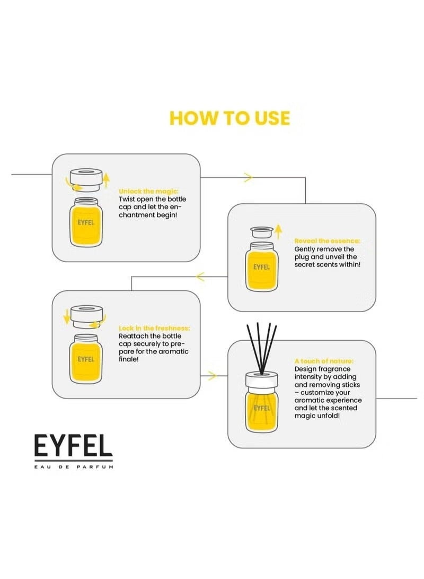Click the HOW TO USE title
click(x=229, y=118)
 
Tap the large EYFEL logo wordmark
click(x=73, y=445)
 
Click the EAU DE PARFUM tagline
click(x=74, y=466)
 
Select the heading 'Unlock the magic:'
click(x=148, y=191)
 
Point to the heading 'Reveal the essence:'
click(x=327, y=241)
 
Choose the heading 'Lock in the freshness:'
click(x=154, y=328)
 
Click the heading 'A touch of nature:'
click(x=324, y=361)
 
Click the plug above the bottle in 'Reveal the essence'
click(x=261, y=232)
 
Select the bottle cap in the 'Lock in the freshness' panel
click(x=86, y=316)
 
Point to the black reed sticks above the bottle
click(x=261, y=348)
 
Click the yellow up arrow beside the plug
click(x=279, y=231)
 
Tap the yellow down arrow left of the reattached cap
click(x=67, y=316)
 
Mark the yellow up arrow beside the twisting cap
click(x=106, y=180)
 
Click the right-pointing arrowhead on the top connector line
click(x=248, y=177)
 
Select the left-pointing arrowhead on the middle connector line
click(x=200, y=276)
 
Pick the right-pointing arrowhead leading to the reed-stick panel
click(x=213, y=376)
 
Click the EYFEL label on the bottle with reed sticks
click(x=262, y=408)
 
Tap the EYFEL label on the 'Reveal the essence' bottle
click(x=261, y=267)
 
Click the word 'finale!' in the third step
click(x=129, y=359)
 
